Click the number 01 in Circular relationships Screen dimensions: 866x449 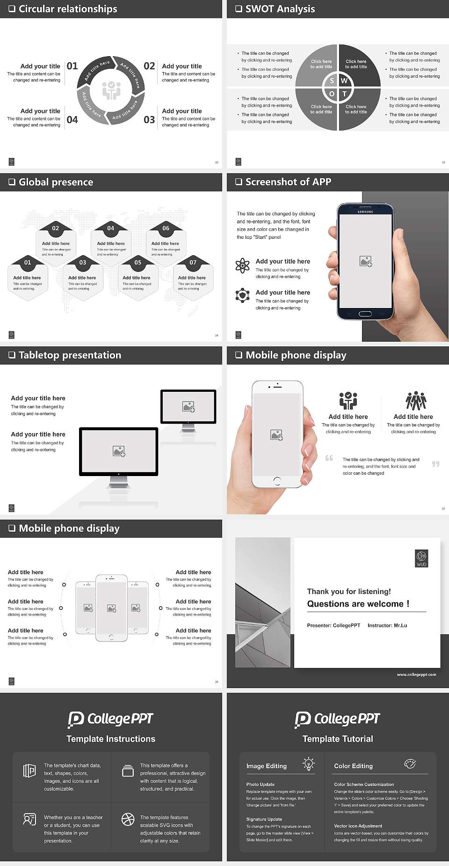pos(72,66)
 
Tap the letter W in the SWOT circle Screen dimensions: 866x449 pos(345,81)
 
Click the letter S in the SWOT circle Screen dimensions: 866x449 pos(332,81)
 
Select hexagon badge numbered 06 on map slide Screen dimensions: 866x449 pos(166,228)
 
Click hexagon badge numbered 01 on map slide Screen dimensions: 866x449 pos(28,262)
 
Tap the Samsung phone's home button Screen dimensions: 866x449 pos(365,314)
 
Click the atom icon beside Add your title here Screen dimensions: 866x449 pos(242,265)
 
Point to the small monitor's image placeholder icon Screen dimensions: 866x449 pos(188,406)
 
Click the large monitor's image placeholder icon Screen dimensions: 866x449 pos(119,451)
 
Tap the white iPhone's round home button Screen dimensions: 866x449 pos(277,481)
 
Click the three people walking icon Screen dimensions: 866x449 pos(416,401)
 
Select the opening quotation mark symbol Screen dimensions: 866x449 pos(329,458)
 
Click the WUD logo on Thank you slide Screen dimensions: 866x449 pos(421,558)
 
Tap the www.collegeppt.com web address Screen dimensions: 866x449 pos(416,675)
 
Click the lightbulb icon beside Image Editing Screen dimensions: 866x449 pos(309,763)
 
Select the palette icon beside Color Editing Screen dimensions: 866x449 pos(410,763)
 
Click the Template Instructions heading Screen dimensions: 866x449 pos(111,739)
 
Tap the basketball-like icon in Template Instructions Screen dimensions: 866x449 pos(128,819)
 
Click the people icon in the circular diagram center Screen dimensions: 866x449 pos(111,90)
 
